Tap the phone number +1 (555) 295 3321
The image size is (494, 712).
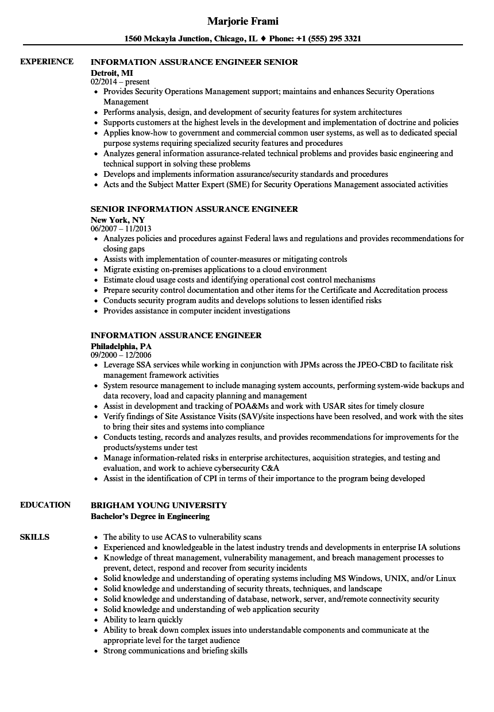click(x=328, y=39)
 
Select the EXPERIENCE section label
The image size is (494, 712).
click(x=47, y=61)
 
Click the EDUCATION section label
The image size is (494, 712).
click(x=45, y=505)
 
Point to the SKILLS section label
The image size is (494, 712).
click(x=34, y=537)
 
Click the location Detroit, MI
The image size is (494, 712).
click(x=112, y=72)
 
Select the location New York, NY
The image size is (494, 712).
click(x=118, y=219)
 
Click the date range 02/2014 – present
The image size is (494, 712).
click(x=120, y=82)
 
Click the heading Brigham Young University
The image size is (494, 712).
click(x=159, y=505)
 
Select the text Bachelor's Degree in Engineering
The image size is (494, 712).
click(x=150, y=516)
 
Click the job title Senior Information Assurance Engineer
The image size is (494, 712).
click(x=194, y=209)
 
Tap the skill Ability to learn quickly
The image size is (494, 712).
click(x=143, y=620)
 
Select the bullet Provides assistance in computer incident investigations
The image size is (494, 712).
click(x=196, y=311)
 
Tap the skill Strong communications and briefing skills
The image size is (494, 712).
click(x=175, y=651)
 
